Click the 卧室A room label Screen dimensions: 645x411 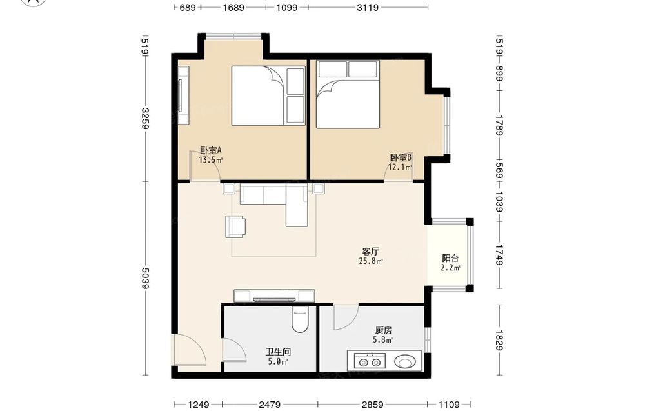(x=211, y=150)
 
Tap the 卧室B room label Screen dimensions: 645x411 (x=401, y=157)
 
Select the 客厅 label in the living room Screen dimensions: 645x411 (x=371, y=252)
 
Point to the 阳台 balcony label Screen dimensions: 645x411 (x=450, y=258)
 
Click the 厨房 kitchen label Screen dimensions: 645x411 (x=383, y=330)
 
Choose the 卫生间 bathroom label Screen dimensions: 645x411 (x=278, y=352)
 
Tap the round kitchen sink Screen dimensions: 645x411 (x=405, y=362)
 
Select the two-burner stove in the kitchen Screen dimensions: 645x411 (x=370, y=361)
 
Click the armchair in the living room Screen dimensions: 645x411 (x=235, y=226)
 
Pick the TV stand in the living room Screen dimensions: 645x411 (x=274, y=296)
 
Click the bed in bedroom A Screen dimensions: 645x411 (x=268, y=95)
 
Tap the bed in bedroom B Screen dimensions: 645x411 (x=348, y=95)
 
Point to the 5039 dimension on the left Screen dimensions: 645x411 (x=144, y=278)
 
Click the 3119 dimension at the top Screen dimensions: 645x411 (x=368, y=7)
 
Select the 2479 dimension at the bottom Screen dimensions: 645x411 (x=270, y=405)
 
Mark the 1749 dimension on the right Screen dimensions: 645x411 (x=499, y=255)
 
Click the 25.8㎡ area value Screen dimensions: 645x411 (x=371, y=261)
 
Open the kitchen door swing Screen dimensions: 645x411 (x=346, y=317)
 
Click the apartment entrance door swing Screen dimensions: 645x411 (x=190, y=350)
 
